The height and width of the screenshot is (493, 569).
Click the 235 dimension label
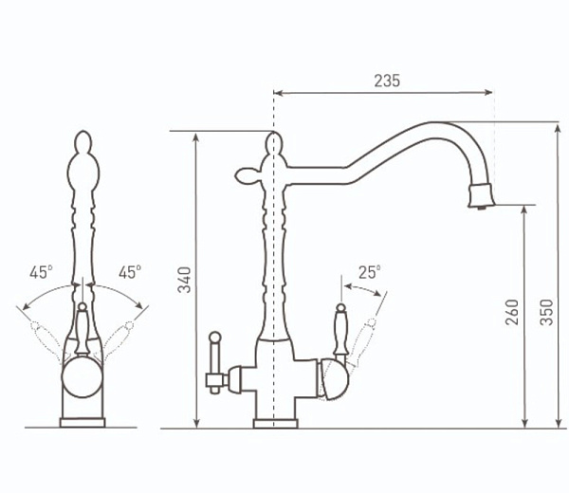click(387, 81)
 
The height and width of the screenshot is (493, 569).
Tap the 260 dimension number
click(512, 312)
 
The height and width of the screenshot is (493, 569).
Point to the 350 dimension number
click(546, 312)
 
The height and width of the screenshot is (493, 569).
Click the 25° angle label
click(370, 272)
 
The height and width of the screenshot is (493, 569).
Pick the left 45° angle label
click(41, 272)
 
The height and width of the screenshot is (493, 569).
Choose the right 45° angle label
click(130, 272)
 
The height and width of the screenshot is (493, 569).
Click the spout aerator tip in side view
click(481, 196)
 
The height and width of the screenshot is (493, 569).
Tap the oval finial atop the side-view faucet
click(274, 144)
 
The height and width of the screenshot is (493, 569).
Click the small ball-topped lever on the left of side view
click(215, 362)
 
